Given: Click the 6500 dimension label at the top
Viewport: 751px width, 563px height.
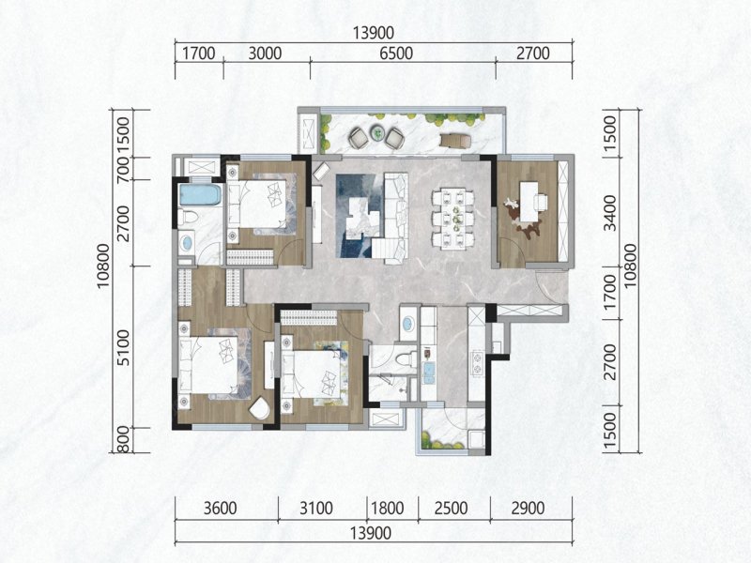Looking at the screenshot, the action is coord(396,53).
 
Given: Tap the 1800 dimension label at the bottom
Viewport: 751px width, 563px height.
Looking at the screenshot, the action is coord(388,508).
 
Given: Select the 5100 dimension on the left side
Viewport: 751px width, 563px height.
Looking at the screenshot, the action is coord(124,347).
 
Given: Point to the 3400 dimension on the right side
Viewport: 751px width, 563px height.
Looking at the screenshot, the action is coord(609,213).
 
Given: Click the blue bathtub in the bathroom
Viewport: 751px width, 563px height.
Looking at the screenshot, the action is coord(200,194).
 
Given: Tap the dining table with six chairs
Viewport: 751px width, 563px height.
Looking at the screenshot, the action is coord(452,219).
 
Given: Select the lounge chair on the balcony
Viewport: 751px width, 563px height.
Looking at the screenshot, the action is coord(455,139).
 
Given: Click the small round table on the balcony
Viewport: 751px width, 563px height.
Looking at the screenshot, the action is coord(378,131).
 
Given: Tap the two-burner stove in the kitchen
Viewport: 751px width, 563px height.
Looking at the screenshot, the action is coord(477,363).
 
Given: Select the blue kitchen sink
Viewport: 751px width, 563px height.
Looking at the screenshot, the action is coord(428,373).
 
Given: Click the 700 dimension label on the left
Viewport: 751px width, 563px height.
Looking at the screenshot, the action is coord(124,169).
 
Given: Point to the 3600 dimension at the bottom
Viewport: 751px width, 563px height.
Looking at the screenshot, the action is coord(221,508).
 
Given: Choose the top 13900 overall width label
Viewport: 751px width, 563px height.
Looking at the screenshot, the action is coord(374,33).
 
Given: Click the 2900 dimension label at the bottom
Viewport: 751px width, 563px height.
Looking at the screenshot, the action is coord(528,508).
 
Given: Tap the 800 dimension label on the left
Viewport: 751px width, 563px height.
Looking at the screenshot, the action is coord(124,439).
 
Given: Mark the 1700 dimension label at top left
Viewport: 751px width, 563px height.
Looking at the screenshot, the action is coord(199,53).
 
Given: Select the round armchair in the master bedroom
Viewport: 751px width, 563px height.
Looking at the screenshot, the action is coord(260,408).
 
